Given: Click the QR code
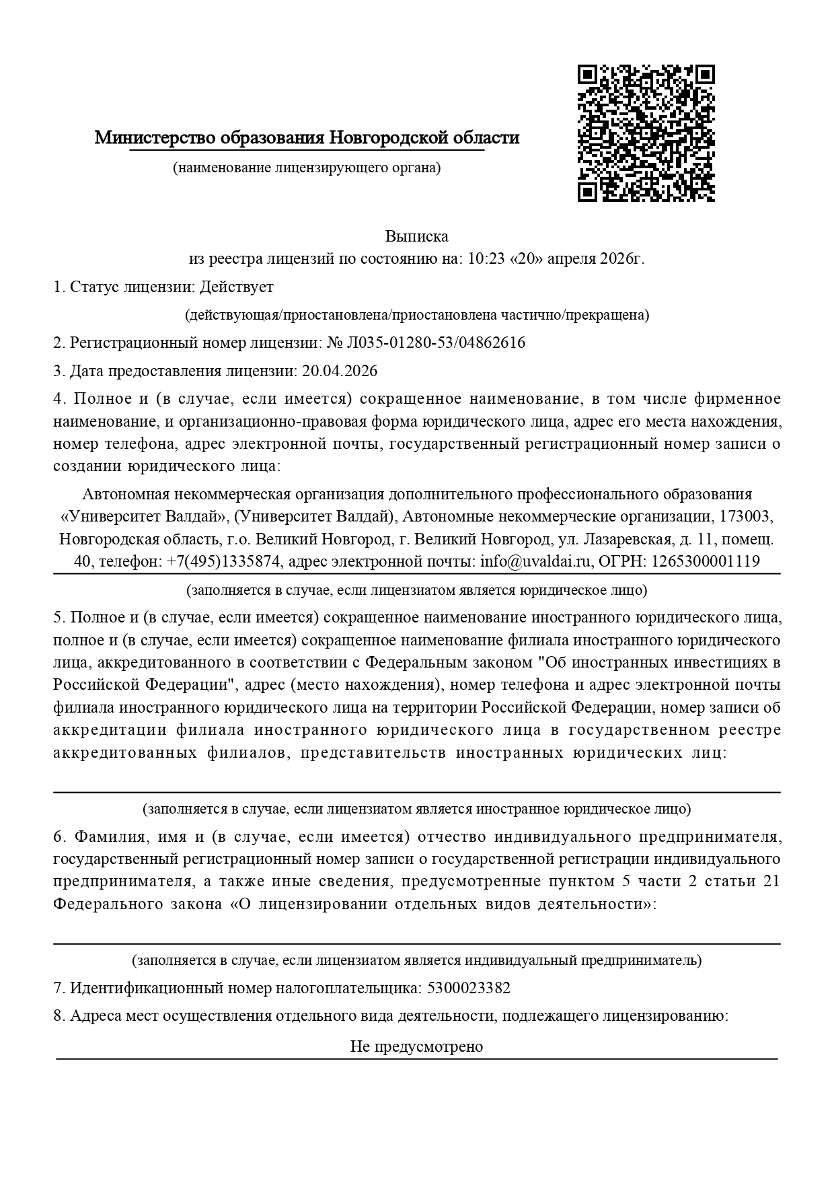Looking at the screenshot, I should pos(646,133).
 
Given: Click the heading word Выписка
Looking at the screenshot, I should pos(416,236).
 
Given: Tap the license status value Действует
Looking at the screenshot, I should pos(237,287).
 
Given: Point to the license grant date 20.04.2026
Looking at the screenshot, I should pos(340,371).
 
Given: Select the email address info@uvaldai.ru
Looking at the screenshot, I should pos(535,561).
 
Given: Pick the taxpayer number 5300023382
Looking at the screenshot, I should pos(469,988).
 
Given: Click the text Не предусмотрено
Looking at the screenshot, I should pos(416,1046).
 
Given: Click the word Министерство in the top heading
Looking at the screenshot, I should pos(154,138).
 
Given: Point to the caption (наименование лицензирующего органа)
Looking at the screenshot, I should pos(307,168).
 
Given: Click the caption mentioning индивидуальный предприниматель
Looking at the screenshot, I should pos(416,960).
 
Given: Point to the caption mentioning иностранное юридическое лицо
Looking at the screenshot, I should pos(416,808).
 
